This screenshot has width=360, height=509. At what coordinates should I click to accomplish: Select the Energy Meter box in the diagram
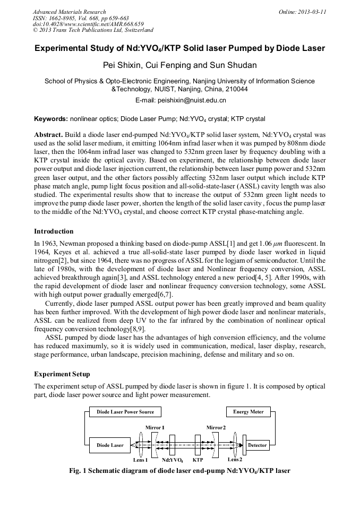[x=248, y=412]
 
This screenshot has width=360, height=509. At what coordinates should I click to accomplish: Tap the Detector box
[x=257, y=445]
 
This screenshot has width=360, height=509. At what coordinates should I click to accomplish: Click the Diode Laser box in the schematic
[x=110, y=445]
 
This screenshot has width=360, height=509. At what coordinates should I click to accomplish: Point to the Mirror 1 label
[x=155, y=427]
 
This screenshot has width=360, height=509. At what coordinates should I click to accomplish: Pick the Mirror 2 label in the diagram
[x=216, y=427]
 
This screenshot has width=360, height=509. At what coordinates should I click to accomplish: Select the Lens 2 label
[x=235, y=459]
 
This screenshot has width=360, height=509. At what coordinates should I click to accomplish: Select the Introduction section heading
[x=54, y=231]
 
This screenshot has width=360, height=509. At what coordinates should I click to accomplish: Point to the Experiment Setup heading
[x=62, y=374]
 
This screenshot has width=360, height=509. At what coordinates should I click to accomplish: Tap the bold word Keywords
[x=51, y=119]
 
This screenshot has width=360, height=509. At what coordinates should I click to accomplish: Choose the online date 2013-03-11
[x=312, y=12]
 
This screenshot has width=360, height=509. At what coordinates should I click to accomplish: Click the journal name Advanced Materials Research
[x=69, y=12]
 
